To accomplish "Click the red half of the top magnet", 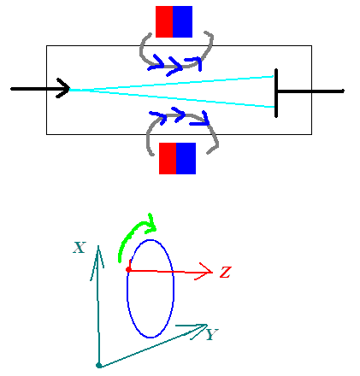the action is pyautogui.click(x=164, y=21).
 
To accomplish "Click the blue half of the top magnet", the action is pyautogui.click(x=183, y=21).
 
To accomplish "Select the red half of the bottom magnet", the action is pyautogui.click(x=168, y=158).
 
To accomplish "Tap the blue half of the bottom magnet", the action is pyautogui.click(x=186, y=158).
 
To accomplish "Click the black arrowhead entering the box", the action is pyautogui.click(x=63, y=88).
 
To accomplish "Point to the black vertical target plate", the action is pyautogui.click(x=276, y=93).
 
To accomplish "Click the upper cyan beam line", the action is pyautogui.click(x=172, y=83).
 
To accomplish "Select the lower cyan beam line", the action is pyautogui.click(x=172, y=98).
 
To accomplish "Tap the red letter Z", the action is pyautogui.click(x=225, y=272).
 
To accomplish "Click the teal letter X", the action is pyautogui.click(x=80, y=248).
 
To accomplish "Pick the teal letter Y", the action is pyautogui.click(x=212, y=334).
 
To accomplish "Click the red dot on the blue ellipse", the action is pyautogui.click(x=128, y=269).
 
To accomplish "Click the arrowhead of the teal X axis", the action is pyautogui.click(x=97, y=256).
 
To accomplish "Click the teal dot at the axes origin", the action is pyautogui.click(x=99, y=365).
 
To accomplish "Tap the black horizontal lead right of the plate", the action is pyautogui.click(x=310, y=91).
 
